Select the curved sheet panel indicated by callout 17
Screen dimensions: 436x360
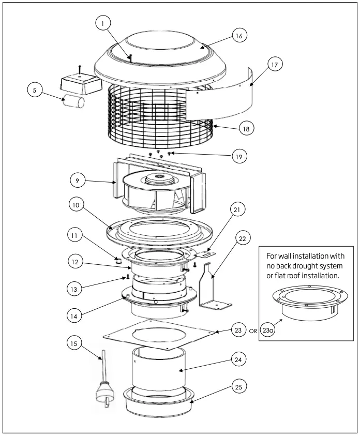222,98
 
